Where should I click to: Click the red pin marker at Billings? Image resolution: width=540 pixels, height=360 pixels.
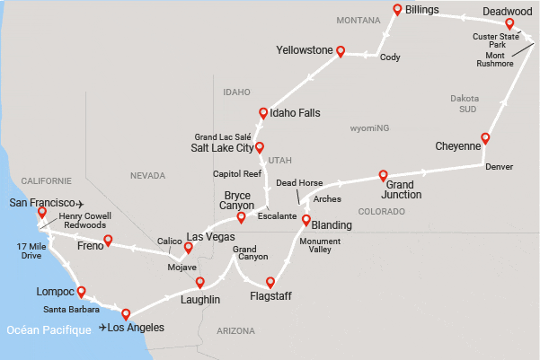(x=397, y=10)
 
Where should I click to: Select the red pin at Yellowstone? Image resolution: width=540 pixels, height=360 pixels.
(x=341, y=51)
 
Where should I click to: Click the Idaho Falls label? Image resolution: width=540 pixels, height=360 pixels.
(x=295, y=114)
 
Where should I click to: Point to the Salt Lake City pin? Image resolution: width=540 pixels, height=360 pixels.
(x=260, y=147)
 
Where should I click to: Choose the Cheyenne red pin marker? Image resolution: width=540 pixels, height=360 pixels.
(x=485, y=138)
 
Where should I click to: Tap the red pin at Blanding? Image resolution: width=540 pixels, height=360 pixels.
(x=305, y=220)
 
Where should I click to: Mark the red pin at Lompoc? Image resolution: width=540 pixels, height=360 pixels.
(x=82, y=291)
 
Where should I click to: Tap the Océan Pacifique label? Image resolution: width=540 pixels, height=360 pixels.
(x=48, y=329)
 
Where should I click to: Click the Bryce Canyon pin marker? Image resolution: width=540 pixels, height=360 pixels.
(x=241, y=216)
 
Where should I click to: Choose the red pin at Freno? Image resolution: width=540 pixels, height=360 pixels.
(x=108, y=240)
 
